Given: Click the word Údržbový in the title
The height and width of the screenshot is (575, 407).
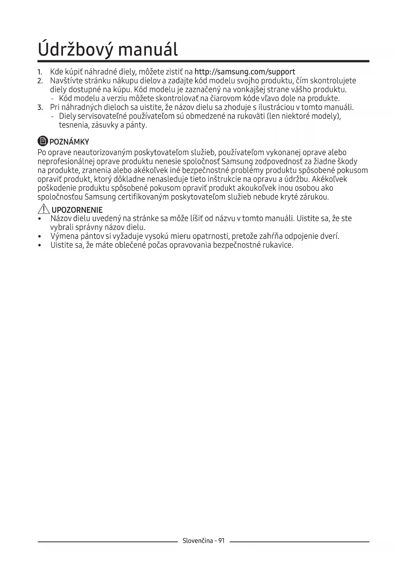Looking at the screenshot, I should pos(75,50).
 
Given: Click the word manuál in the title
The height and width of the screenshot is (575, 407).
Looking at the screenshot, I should pos(148,50).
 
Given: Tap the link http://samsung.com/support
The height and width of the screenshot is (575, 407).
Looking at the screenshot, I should pos(245,72).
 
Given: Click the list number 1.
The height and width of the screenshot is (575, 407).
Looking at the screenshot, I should pos(40,72).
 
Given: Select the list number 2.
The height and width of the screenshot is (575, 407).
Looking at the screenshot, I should pos(40,81).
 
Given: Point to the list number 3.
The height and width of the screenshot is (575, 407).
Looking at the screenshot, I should pos(40,108).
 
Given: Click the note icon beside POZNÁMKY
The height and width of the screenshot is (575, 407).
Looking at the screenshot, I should pos(43,141).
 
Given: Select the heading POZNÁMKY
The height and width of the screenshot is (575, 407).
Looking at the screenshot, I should pos(69,142).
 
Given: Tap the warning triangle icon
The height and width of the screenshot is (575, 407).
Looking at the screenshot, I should pos(43,209).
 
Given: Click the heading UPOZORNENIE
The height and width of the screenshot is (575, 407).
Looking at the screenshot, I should pos(77,210).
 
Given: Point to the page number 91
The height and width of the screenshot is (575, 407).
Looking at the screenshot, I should pos(221,541).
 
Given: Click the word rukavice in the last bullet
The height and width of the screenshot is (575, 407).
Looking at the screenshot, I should pos(277,245).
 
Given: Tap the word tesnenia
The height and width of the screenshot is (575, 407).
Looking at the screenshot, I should pos(74,125).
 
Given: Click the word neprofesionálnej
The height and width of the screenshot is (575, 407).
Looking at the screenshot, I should pos(66,162).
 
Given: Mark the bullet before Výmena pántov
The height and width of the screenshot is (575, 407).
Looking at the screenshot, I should pos(40,236).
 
